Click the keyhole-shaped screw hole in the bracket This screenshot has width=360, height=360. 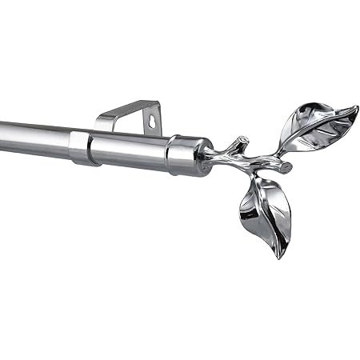151,121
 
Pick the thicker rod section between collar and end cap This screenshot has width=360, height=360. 128,150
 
